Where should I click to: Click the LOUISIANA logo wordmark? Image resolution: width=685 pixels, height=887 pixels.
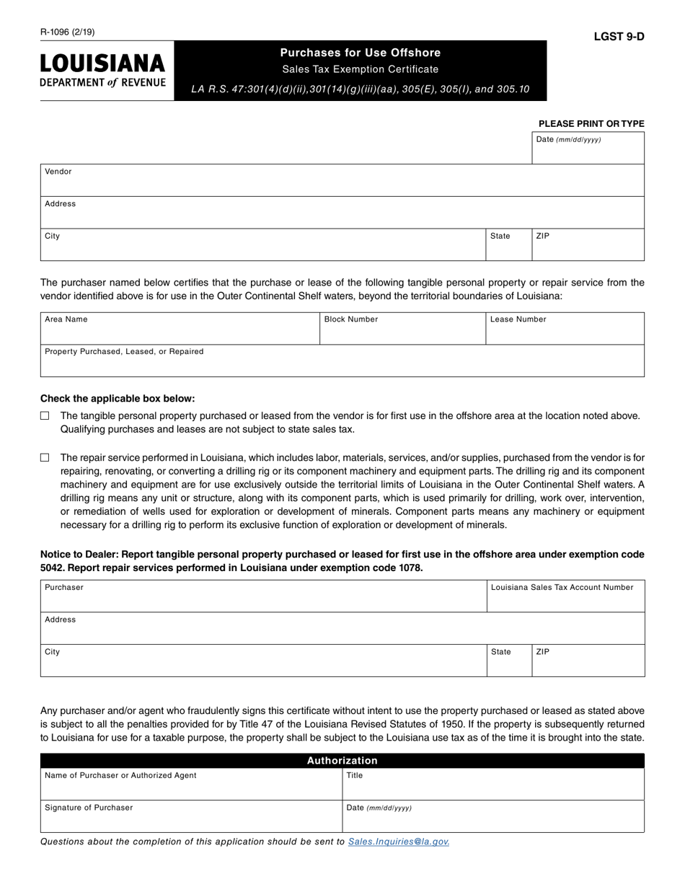coord(102,63)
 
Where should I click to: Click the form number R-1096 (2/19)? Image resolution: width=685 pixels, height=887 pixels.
coord(67,32)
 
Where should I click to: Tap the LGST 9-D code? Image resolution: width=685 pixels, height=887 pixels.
coord(619,37)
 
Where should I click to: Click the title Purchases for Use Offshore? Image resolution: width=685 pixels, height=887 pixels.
coord(360,53)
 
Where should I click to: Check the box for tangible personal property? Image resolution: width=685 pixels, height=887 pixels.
coord(45,415)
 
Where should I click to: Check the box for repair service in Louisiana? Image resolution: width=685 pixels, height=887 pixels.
coord(45,457)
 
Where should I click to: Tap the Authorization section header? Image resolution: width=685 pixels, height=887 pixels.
coord(342,760)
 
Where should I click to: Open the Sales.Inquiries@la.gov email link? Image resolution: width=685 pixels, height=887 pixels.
coord(398,842)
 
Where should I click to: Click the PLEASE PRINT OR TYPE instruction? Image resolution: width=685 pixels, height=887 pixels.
coord(591,123)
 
